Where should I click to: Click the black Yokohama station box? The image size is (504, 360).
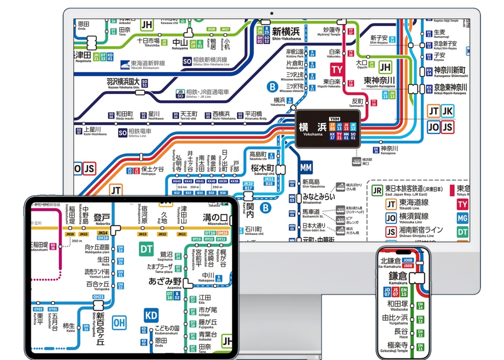[x=327, y=128]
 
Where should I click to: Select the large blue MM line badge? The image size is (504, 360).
[x=306, y=167]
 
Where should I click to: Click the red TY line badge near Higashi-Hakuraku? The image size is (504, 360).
[x=337, y=69]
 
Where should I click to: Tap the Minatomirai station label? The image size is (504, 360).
[x=318, y=197]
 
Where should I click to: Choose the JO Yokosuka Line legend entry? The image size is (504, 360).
[x=406, y=217]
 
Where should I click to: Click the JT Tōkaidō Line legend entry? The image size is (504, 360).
[x=406, y=203]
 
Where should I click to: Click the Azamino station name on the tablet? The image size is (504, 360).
[x=165, y=282]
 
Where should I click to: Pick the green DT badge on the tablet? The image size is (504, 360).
[x=147, y=250]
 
